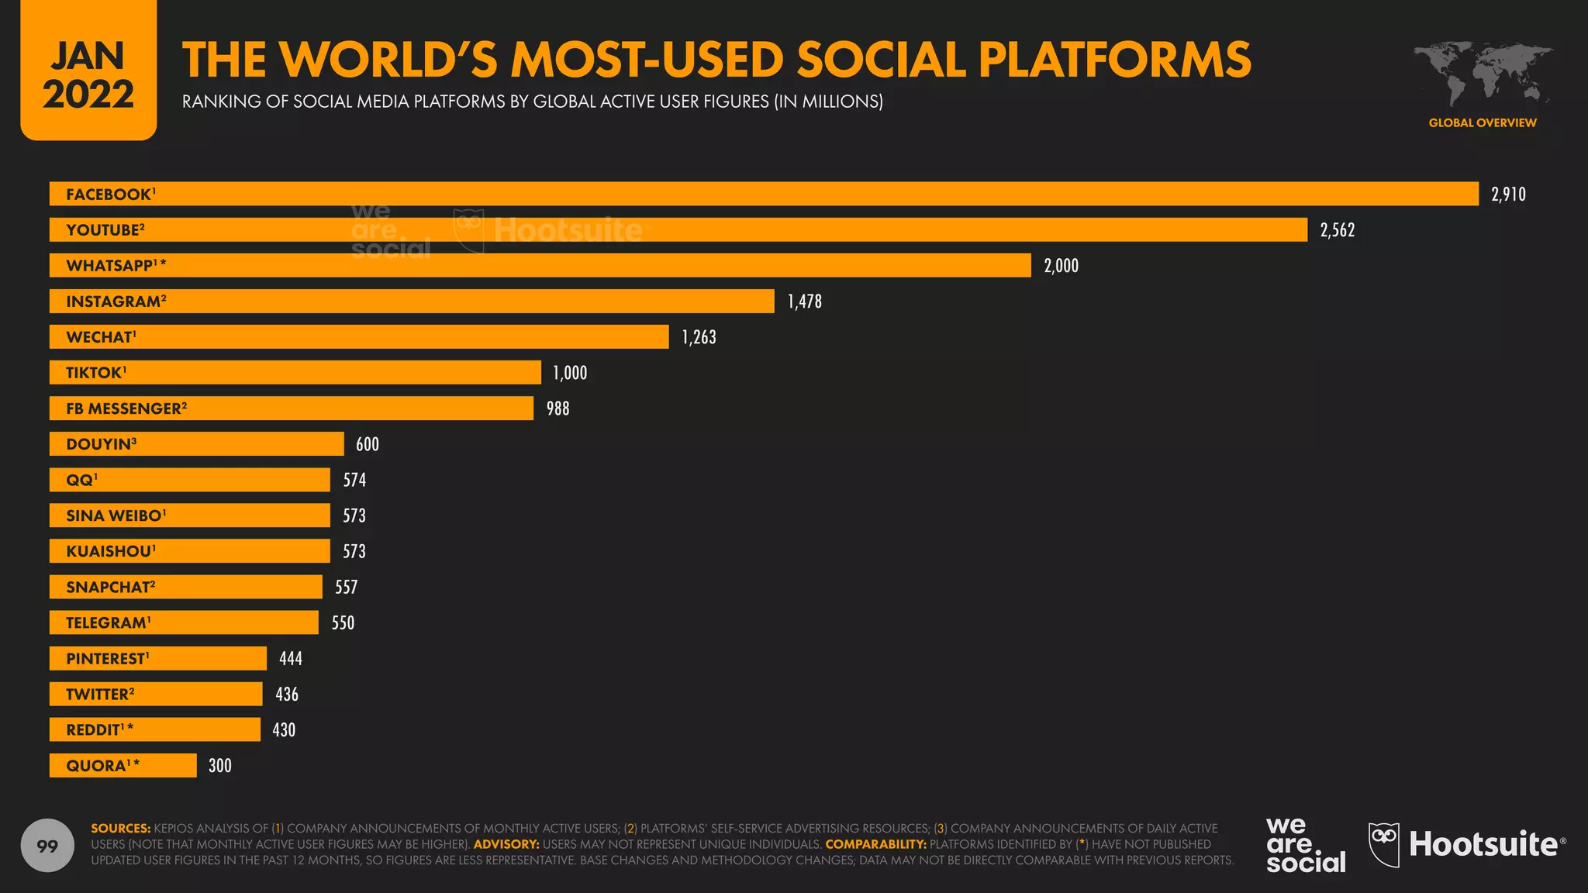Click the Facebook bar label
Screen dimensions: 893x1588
click(x=109, y=194)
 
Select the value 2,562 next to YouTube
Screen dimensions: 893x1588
click(x=1337, y=229)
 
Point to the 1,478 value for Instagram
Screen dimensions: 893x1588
click(x=804, y=301)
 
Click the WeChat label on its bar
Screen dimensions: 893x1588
click(x=100, y=336)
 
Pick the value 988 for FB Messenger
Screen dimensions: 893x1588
click(x=558, y=408)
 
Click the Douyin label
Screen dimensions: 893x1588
click(x=100, y=443)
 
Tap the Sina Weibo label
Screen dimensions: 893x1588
click(x=115, y=515)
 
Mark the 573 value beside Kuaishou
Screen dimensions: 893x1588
click(x=354, y=550)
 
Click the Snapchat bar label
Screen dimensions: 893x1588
click(x=109, y=586)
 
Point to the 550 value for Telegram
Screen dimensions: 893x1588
click(x=343, y=622)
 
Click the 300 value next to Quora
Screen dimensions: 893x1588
click(x=219, y=765)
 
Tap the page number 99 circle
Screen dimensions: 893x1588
click(x=47, y=845)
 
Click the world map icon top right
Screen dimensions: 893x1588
click(x=1482, y=74)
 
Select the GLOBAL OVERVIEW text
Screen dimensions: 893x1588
click(x=1482, y=122)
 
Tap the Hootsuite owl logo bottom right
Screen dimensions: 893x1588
click(x=1383, y=844)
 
